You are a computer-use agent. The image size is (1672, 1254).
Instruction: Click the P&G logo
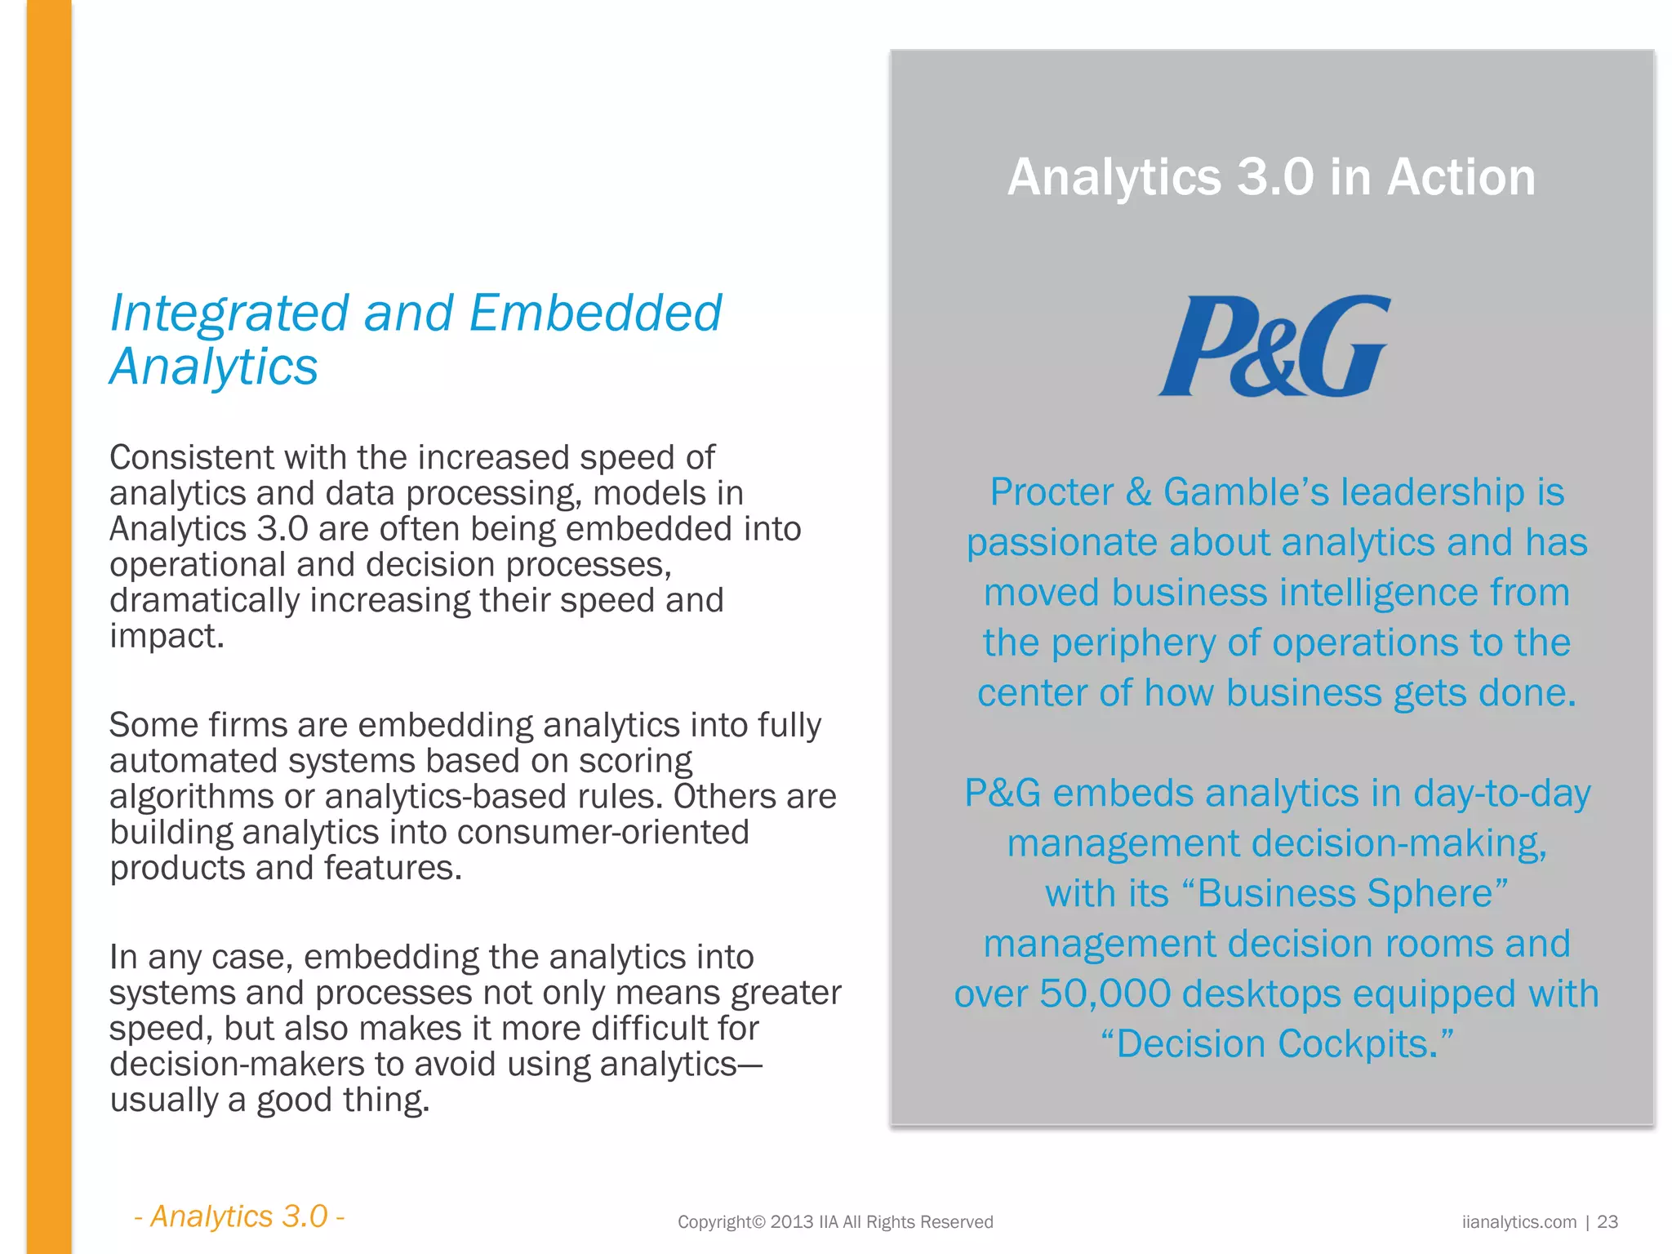tap(1274, 346)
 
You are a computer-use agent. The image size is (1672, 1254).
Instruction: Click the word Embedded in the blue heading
tap(596, 313)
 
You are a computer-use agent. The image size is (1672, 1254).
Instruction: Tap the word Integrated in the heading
tap(229, 314)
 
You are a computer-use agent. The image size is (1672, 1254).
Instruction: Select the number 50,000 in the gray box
tap(1105, 994)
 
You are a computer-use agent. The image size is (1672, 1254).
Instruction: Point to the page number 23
tap(1608, 1221)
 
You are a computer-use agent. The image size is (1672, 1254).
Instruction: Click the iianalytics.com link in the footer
tap(1519, 1221)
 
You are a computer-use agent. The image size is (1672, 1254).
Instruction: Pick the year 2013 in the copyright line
tap(791, 1221)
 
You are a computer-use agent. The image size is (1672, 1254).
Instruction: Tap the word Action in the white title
tap(1461, 177)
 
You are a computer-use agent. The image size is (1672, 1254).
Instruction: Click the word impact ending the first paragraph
tap(166, 637)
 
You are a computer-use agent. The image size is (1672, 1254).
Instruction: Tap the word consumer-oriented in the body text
tap(603, 833)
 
